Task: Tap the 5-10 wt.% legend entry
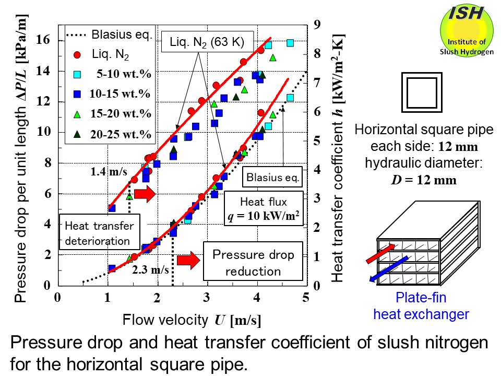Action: coord(126,74)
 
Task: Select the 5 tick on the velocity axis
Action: coord(306,298)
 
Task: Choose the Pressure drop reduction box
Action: coord(253,263)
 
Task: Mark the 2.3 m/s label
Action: coord(150,270)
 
